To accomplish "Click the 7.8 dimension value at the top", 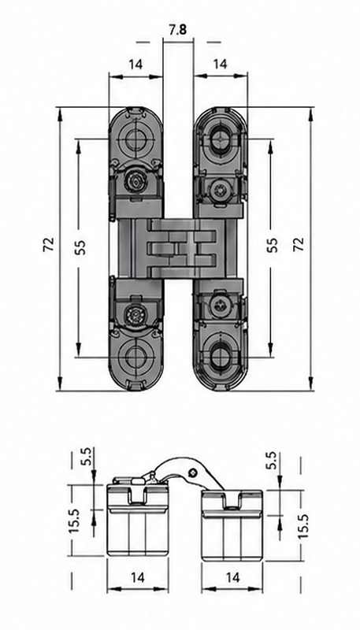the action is pos(177,30).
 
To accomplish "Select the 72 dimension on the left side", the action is pos(49,244).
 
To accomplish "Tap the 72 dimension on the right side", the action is pos(299,244).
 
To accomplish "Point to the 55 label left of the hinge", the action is pos(80,247).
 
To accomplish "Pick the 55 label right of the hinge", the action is pos(273,245).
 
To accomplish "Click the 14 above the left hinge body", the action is pos(135,65).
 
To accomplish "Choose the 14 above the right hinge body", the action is pos(221,64).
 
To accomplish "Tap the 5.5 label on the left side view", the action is pos(86,456).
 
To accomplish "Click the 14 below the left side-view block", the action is pos(138,578).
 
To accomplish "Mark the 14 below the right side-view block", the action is pos(232,578).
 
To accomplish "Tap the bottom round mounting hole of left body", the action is pos(135,357).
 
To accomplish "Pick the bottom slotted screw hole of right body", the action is pos(221,357).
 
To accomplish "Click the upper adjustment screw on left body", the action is pos(136,183).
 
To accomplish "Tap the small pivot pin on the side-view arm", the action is pos(194,472).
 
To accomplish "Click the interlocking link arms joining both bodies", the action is pos(180,249).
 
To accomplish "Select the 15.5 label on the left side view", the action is pos(75,521).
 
